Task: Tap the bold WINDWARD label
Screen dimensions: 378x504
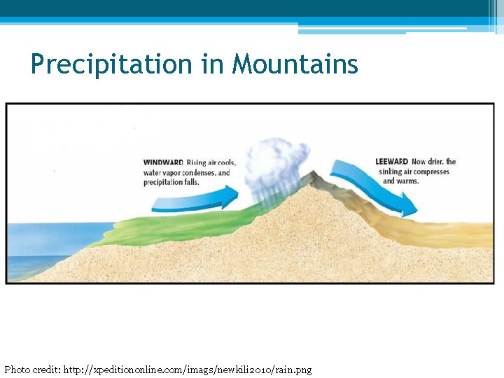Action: (x=163, y=163)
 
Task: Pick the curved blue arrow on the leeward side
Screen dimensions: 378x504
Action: (x=374, y=185)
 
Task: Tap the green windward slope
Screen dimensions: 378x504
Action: (x=175, y=227)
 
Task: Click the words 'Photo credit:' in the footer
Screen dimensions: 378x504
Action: (x=32, y=369)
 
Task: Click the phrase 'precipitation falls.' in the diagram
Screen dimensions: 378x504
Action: (x=171, y=182)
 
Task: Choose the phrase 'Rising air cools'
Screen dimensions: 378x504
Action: (x=211, y=163)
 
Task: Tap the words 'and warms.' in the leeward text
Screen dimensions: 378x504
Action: (x=401, y=181)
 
